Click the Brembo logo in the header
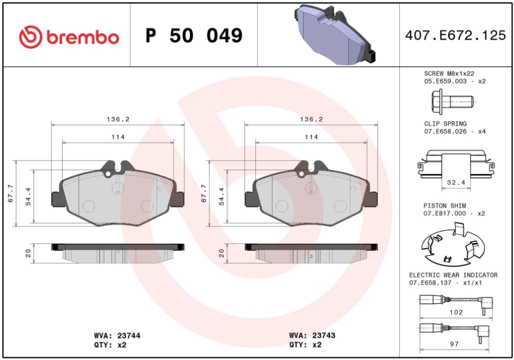pos(69,37)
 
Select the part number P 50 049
pos(194,35)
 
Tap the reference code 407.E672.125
pos(456,35)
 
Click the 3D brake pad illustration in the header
pos(335,34)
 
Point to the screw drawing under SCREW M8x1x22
pos(452,102)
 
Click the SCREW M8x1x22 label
pos(449,74)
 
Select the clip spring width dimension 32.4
pos(456,182)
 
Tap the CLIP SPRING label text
pos(445,124)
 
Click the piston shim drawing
pos(452,245)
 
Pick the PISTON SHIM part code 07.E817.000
pos(445,213)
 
